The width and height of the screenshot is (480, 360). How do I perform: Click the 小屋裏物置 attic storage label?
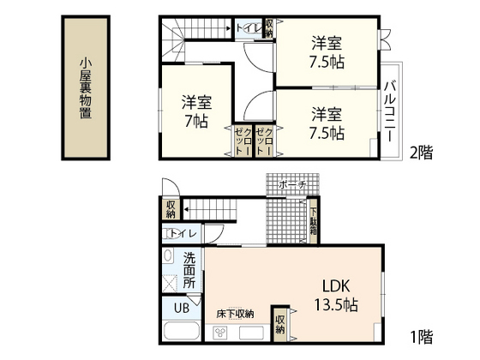pyautogui.click(x=86, y=88)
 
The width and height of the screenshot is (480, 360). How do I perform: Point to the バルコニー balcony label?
pyautogui.click(x=389, y=111)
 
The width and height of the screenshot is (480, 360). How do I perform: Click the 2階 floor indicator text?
pyautogui.click(x=422, y=153)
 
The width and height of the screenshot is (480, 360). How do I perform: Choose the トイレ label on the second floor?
pyautogui.click(x=249, y=27)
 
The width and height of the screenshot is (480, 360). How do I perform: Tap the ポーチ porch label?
pyautogui.click(x=291, y=183)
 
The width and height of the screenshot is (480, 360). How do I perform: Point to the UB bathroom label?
pyautogui.click(x=182, y=309)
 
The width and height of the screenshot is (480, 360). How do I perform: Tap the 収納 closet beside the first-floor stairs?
pyautogui.click(x=171, y=208)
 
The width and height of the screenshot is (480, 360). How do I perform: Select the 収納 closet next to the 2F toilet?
pyautogui.click(x=269, y=27)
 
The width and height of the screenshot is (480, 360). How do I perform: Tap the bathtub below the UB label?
pyautogui.click(x=179, y=333)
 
